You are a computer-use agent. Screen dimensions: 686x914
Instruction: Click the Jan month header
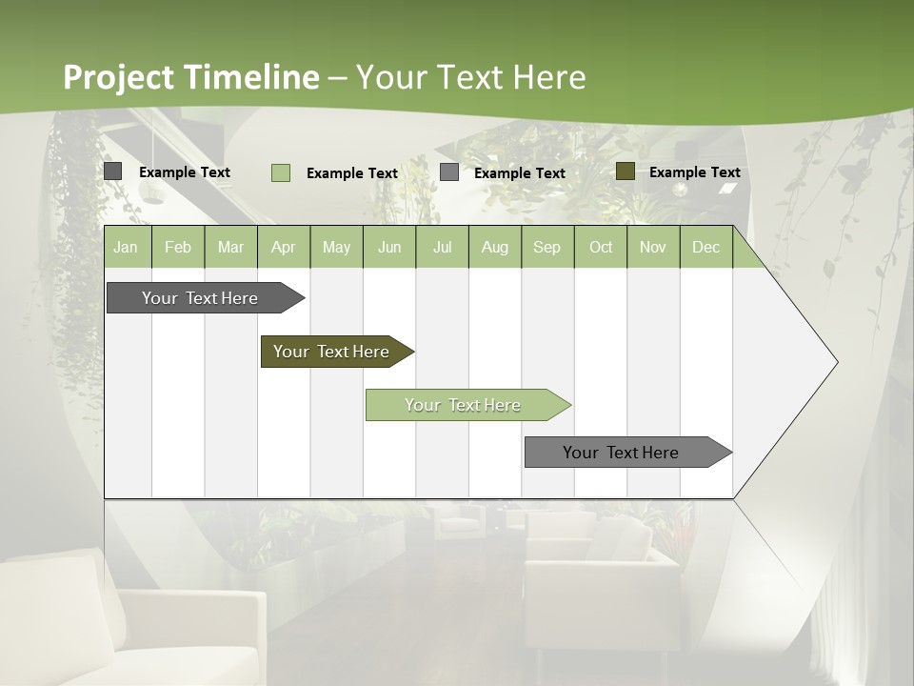(x=126, y=248)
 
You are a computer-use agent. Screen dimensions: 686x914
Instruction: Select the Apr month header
(x=283, y=248)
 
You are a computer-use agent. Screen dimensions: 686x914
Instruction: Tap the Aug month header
(x=494, y=248)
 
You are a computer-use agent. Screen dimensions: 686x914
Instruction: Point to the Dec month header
(x=705, y=248)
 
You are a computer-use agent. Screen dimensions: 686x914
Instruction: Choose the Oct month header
(x=601, y=248)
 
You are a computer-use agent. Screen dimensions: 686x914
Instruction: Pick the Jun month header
(x=389, y=248)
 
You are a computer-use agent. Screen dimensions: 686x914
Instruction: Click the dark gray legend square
(x=113, y=171)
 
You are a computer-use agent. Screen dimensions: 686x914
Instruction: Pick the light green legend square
(x=281, y=172)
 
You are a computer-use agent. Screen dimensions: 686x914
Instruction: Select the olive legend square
(x=626, y=171)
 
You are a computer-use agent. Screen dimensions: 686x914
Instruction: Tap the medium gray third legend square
(x=449, y=172)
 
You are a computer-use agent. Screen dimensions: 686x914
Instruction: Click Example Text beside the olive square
(x=695, y=172)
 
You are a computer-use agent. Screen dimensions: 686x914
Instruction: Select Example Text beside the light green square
(x=352, y=173)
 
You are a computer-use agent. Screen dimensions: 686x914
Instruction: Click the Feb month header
(x=178, y=248)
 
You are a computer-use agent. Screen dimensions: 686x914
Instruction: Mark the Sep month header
(x=546, y=248)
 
